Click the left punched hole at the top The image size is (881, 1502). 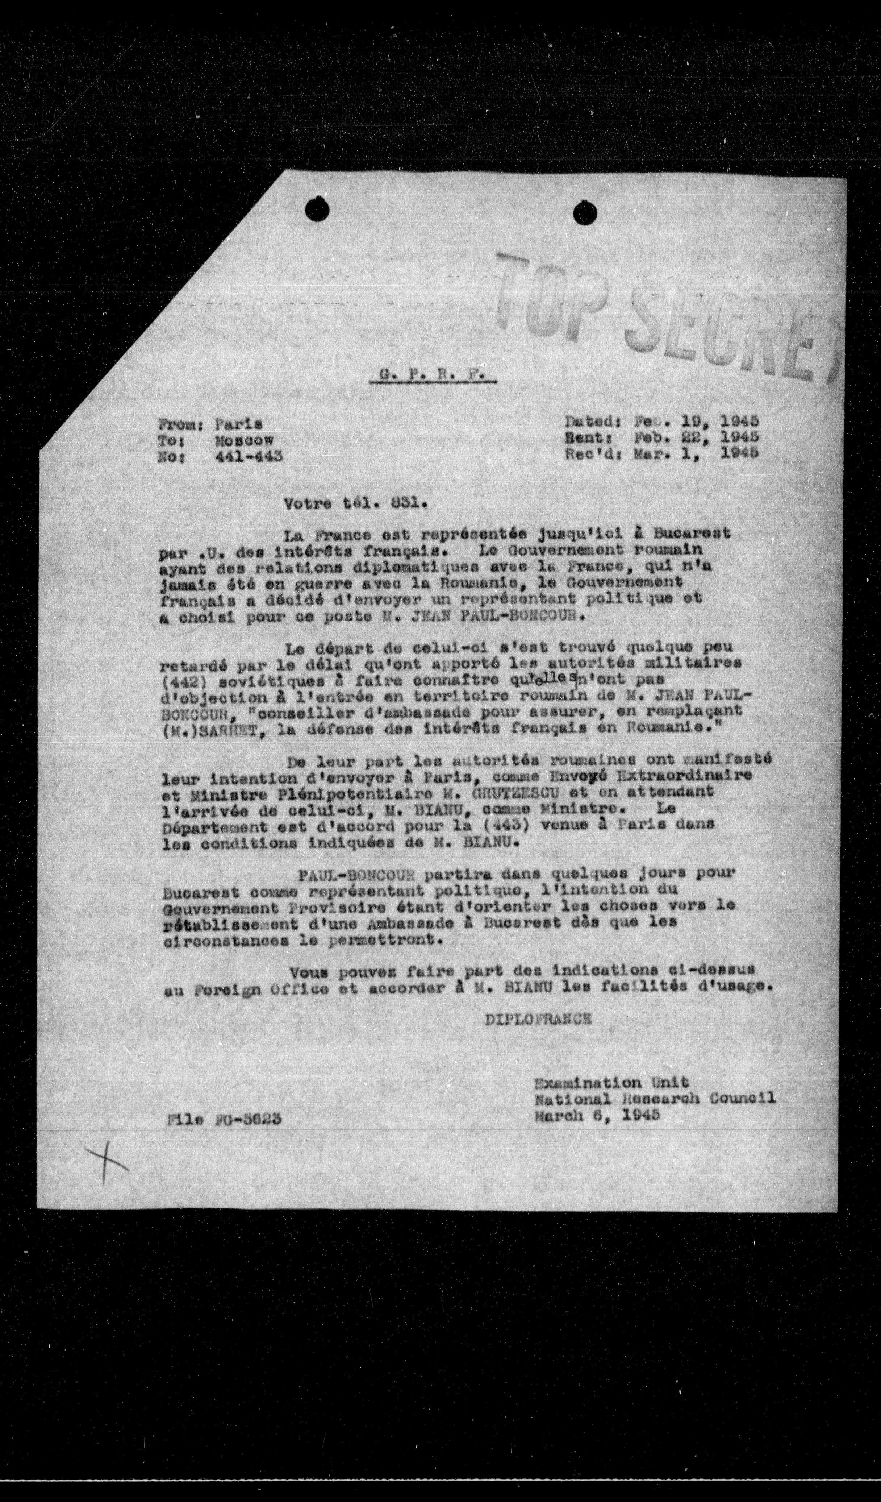coord(317,209)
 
